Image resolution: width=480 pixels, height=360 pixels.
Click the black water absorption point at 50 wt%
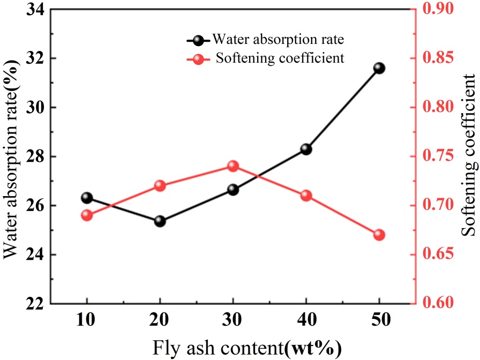(x=379, y=68)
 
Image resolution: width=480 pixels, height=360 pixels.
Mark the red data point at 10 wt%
(x=87, y=215)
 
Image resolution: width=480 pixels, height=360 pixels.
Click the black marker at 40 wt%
(x=306, y=149)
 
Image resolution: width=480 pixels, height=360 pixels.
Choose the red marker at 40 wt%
(x=306, y=196)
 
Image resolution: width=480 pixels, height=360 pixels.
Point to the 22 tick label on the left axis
(x=33, y=303)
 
